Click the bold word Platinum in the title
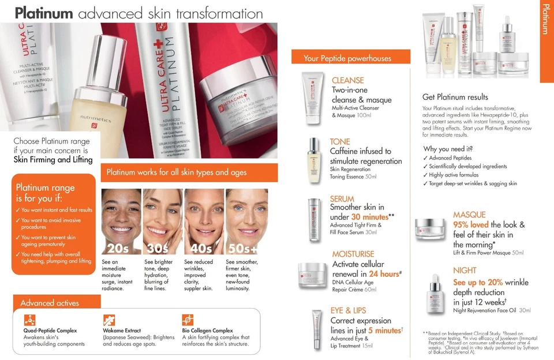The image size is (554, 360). (44, 13)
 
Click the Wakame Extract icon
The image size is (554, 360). (108, 320)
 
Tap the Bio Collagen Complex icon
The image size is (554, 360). (188, 320)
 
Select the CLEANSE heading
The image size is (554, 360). (347, 80)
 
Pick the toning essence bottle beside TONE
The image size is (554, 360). (313, 160)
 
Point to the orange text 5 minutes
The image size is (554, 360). (384, 330)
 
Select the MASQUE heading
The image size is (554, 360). (469, 215)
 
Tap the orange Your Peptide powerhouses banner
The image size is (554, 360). (356, 57)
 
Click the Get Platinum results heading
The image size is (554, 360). (455, 97)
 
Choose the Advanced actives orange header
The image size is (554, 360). (50, 303)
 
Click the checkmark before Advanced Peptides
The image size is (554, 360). (425, 157)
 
